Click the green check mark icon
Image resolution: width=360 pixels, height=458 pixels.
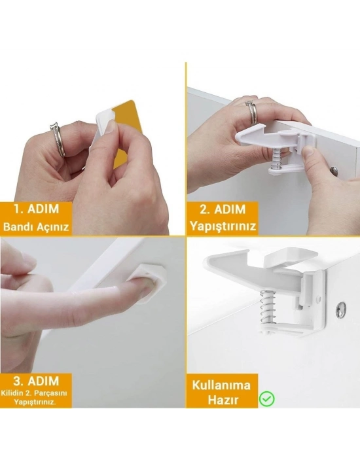point(266,398)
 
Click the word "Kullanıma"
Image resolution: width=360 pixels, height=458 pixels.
point(221,384)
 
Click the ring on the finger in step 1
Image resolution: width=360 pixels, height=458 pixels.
point(58,139)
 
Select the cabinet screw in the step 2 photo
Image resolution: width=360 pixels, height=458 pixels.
point(334,171)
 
